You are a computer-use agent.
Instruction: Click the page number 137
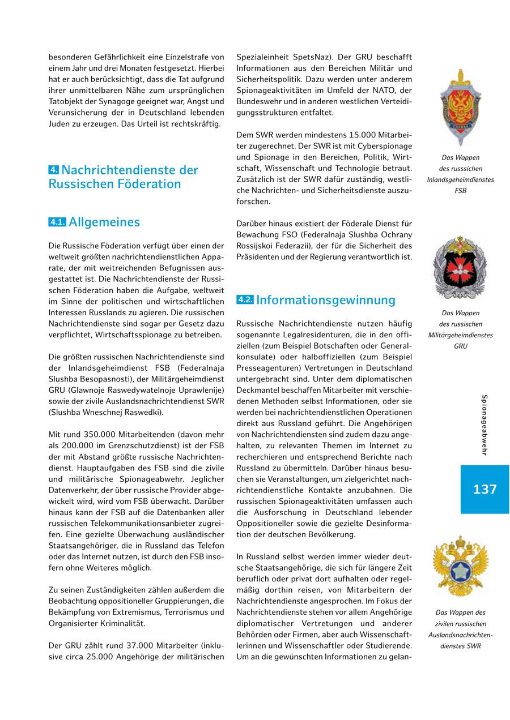[484, 490]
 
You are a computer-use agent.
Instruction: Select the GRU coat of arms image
[460, 267]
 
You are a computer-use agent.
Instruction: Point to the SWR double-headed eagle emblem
[460, 567]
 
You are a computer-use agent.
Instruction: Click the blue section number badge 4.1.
[57, 222]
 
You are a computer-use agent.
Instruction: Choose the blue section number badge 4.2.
[245, 300]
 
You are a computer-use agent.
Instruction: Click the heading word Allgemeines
[104, 222]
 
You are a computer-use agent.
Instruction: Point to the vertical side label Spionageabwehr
[484, 425]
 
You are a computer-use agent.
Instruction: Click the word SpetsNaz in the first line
[312, 57]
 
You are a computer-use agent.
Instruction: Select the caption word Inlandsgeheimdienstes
[460, 180]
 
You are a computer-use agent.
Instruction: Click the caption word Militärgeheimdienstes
[460, 335]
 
